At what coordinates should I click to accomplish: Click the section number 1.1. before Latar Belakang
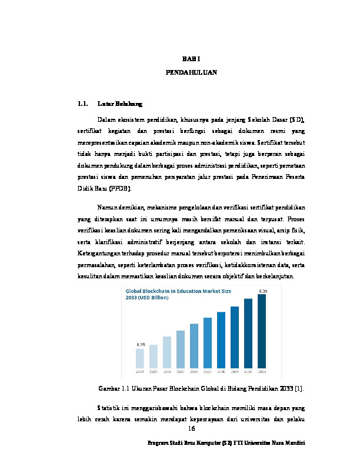[x=83, y=105]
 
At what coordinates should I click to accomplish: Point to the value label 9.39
[x=263, y=291]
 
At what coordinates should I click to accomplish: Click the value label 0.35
[x=141, y=344]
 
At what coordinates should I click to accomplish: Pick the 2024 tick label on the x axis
[x=140, y=372]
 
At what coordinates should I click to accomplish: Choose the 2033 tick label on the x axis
[x=262, y=372]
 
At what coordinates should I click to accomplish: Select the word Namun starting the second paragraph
[x=108, y=207]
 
